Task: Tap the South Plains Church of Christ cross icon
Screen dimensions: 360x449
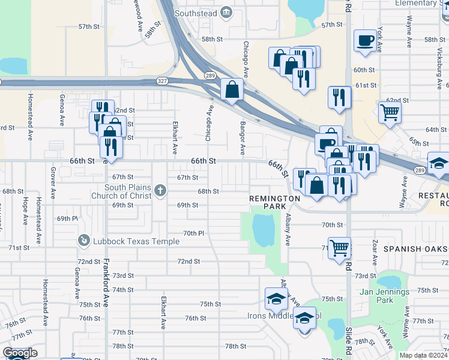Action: pos(160,191)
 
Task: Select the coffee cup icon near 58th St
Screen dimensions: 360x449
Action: pos(365,41)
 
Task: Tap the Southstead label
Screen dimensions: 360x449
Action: pos(195,13)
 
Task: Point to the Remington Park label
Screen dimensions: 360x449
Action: pos(275,202)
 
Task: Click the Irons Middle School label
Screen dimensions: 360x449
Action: pos(285,316)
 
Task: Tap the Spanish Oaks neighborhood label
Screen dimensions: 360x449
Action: pos(415,248)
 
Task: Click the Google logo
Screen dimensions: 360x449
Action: pos(20,353)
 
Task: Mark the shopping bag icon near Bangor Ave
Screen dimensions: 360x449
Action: pos(232,89)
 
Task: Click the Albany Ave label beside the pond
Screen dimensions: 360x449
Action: pos(288,229)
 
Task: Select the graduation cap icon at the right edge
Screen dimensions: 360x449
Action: pos(438,163)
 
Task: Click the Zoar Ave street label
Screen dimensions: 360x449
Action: pos(375,253)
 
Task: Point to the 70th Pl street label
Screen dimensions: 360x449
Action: pos(194,233)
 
